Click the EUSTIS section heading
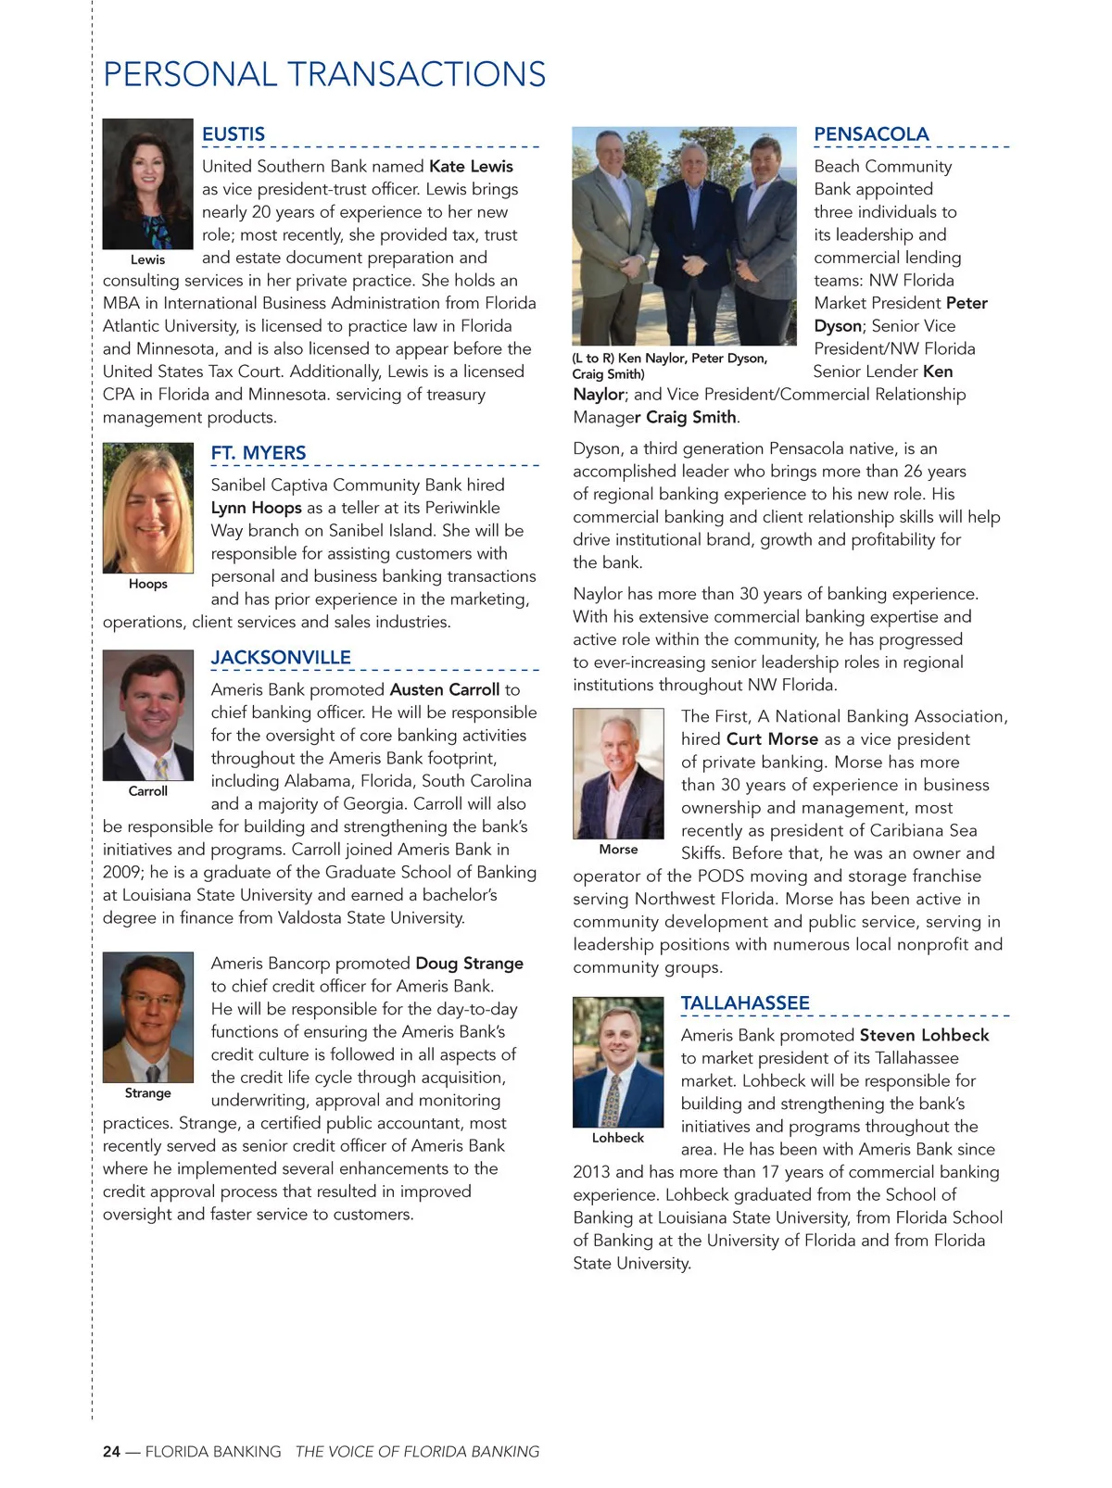[234, 134]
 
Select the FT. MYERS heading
[258, 453]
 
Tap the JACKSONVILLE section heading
[281, 658]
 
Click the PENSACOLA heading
[871, 134]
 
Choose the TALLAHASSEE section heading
[745, 1003]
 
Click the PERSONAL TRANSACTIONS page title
[324, 74]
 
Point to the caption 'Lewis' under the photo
[147, 259]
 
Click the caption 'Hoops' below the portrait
[147, 584]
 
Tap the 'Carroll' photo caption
[147, 791]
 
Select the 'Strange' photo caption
[147, 1093]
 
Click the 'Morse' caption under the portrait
[618, 850]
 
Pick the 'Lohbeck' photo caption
[617, 1138]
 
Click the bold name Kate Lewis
[471, 167]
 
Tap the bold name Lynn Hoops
[256, 508]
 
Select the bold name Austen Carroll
[445, 689]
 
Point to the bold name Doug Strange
[469, 964]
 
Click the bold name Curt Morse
[772, 739]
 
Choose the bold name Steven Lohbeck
[924, 1035]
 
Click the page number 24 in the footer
[111, 1452]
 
